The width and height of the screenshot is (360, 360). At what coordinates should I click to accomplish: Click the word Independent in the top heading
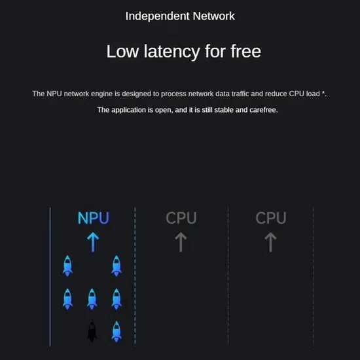tap(158, 16)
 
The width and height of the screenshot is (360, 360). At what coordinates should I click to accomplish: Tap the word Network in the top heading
tap(214, 16)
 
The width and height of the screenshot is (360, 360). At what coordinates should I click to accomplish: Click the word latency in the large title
tap(172, 52)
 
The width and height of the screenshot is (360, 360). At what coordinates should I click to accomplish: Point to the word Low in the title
tap(122, 52)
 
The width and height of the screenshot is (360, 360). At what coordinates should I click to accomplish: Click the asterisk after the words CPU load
tap(323, 92)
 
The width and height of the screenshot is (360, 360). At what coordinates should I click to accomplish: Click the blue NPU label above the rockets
tap(93, 218)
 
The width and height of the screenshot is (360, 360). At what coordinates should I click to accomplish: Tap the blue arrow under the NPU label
tap(93, 242)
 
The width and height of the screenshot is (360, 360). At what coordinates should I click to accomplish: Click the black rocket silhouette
tap(92, 331)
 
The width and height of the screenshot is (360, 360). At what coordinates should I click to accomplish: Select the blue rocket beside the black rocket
tap(117, 332)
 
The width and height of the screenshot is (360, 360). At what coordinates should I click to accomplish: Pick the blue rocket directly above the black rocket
tap(92, 299)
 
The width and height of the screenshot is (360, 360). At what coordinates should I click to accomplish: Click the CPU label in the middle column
tap(181, 218)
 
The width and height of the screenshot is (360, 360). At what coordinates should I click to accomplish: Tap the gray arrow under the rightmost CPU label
tap(270, 242)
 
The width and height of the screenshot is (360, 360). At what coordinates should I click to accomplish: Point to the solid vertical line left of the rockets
tap(50, 276)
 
